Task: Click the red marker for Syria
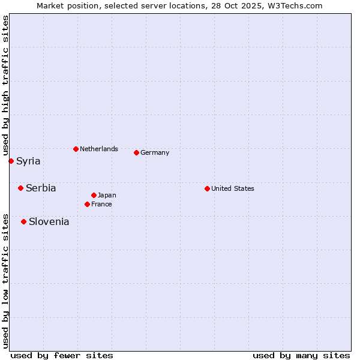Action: tap(11, 161)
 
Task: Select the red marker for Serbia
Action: tap(20, 188)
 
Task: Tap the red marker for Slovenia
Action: tap(23, 221)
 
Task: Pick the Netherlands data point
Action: tap(76, 149)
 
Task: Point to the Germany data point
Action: tap(136, 152)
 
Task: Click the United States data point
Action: tap(207, 188)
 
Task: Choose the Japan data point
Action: tap(94, 195)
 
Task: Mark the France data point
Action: tap(87, 204)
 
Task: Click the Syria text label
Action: tap(28, 161)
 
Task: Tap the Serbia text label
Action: tap(41, 188)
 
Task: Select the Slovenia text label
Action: tap(49, 221)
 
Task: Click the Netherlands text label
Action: tap(99, 149)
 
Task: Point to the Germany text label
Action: tap(155, 152)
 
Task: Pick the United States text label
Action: tap(233, 188)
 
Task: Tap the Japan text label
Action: tap(107, 195)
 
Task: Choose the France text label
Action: tap(101, 204)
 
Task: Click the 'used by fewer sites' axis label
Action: tap(62, 355)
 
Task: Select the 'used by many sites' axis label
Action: tap(301, 355)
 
